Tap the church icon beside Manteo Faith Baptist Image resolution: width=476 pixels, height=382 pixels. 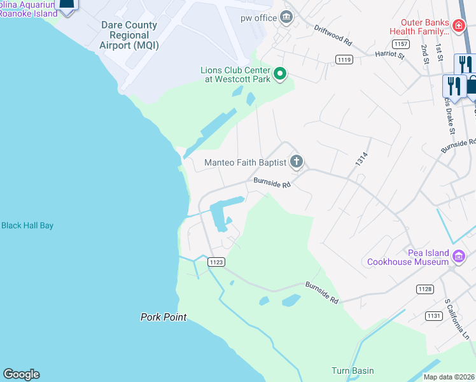tap(296, 162)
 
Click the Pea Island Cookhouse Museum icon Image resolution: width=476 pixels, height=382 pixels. tap(459, 257)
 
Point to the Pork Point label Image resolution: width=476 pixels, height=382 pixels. tap(164, 316)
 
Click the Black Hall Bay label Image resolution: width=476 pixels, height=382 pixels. tap(27, 225)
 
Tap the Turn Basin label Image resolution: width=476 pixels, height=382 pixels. tap(353, 371)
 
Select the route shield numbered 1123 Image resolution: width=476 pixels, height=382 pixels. tap(216, 262)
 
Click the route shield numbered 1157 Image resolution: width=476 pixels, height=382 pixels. tap(400, 44)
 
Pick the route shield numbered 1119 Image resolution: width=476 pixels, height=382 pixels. tap(344, 59)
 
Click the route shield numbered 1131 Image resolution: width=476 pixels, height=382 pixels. tap(434, 316)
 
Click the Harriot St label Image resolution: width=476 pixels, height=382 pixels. tap(389, 55)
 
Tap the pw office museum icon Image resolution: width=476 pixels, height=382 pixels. tap(286, 17)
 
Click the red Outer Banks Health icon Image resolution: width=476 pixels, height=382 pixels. tap(459, 26)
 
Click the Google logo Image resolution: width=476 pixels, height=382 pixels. tap(21, 374)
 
